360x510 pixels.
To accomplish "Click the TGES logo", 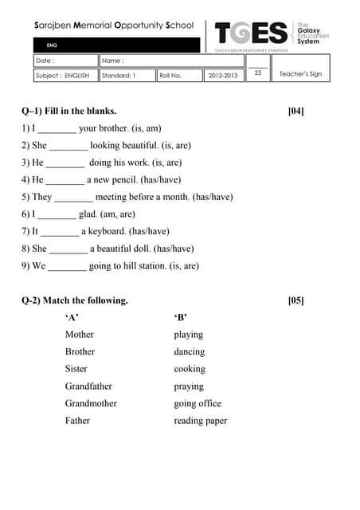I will (252, 33).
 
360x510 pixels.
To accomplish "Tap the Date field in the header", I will (65, 61).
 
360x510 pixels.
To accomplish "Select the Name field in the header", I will (171, 61).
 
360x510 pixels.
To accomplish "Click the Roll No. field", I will (178, 75).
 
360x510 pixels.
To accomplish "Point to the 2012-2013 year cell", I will (223, 75).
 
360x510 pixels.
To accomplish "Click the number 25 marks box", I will (258, 73).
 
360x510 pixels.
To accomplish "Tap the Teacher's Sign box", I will (300, 74).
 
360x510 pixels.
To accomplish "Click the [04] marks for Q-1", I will (295, 111).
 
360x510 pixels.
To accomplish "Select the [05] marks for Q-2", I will (295, 300).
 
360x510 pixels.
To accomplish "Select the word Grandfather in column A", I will (88, 386).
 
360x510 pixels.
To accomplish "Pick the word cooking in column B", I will (190, 369).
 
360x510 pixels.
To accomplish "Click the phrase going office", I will (198, 404).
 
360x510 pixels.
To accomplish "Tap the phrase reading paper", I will (200, 421).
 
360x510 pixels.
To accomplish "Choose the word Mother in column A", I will (80, 335).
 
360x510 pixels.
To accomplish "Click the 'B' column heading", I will (180, 318).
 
